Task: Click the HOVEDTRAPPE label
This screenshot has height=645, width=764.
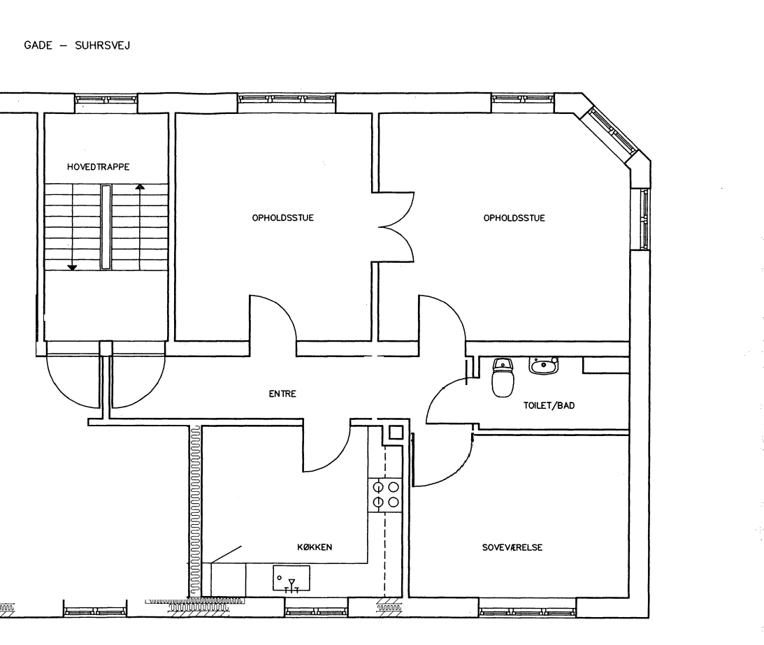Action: coord(99,167)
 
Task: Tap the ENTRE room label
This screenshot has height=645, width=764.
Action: coord(282,393)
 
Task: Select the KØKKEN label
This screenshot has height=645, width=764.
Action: coord(315,547)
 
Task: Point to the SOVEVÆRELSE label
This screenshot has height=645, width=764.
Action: coord(512,548)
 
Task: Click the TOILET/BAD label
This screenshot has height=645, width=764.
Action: coord(549,405)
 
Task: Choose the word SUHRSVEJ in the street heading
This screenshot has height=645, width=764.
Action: coord(102,45)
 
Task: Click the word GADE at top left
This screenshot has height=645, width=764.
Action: coord(38,45)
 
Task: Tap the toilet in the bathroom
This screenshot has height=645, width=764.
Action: coord(503,377)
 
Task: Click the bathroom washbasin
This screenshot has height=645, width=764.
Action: coord(544,365)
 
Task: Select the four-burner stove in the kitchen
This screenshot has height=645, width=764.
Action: coord(386,495)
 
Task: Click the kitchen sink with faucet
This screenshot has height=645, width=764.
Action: coord(291,578)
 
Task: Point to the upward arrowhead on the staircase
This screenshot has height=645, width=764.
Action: coord(140,187)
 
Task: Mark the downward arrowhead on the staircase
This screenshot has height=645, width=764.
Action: coord(72,268)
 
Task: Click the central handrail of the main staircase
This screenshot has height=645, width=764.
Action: coord(106,227)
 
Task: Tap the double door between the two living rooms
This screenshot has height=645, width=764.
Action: coord(396,227)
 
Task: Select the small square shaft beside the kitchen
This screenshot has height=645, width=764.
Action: coord(396,433)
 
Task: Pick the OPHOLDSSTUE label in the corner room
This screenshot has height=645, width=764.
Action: coord(514,218)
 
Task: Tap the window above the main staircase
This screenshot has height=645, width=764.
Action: coord(106,99)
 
